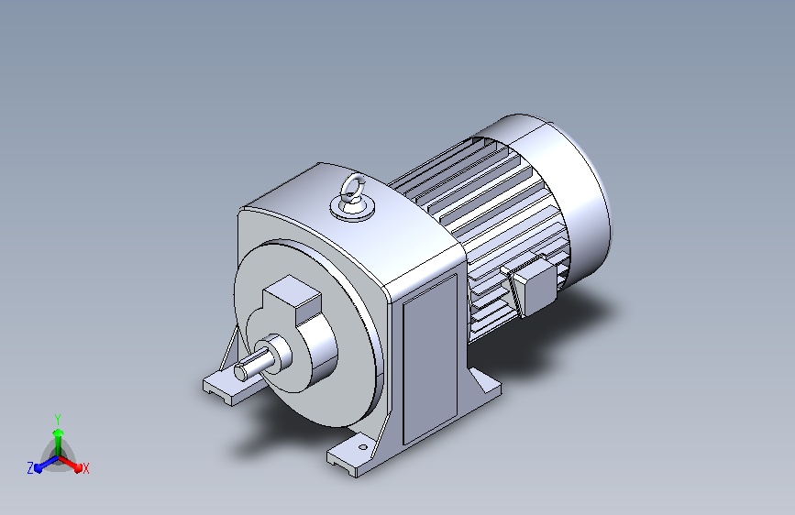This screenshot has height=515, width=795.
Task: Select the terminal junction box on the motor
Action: tap(535, 285)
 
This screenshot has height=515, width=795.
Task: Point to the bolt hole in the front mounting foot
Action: tap(362, 447)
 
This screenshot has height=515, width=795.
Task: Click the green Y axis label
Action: tap(58, 420)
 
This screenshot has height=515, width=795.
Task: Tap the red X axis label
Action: tap(85, 468)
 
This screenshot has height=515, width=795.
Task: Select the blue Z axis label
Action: tap(30, 468)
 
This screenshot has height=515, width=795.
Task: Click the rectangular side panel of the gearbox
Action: tap(430, 359)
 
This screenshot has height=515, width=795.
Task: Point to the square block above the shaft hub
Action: tap(292, 299)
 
